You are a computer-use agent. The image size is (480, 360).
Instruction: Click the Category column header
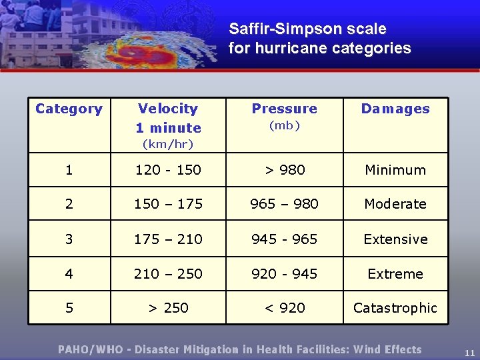69,109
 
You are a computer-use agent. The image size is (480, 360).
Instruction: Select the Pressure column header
285,109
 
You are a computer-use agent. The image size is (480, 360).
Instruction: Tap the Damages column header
395,109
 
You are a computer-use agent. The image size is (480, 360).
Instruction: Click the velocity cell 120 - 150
168,170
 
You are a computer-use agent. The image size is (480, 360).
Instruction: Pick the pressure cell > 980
285,170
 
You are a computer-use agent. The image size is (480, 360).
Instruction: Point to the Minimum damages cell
395,170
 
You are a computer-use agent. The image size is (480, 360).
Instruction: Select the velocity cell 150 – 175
168,204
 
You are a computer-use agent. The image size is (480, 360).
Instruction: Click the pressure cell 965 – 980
285,204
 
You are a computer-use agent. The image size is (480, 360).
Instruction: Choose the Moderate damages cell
395,204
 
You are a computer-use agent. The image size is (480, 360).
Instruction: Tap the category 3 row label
69,239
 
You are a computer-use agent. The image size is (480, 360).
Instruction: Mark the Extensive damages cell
395,239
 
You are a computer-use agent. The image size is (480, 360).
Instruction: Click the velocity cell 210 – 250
168,273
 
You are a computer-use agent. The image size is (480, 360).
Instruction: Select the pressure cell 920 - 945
285,273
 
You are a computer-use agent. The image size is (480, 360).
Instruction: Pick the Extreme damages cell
395,273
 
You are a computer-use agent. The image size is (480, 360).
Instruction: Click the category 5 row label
69,308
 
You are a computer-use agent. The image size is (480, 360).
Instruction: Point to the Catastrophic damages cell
395,308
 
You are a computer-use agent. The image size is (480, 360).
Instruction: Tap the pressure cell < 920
285,308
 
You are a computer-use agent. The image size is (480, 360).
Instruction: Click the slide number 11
469,353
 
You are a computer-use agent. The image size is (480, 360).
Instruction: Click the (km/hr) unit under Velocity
168,144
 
